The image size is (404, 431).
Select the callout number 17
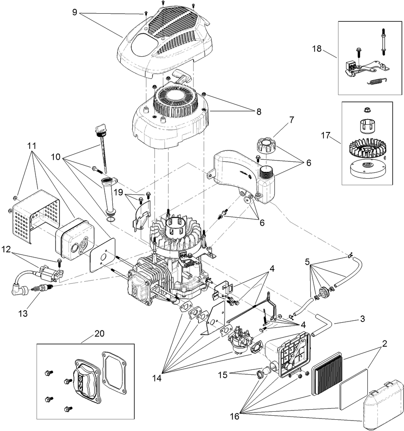click(326, 136)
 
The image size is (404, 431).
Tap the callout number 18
click(317, 49)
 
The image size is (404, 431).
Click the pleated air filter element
click(326, 374)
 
